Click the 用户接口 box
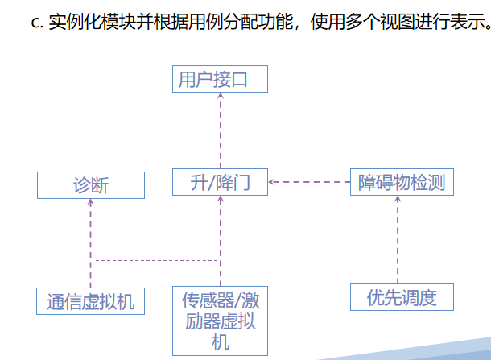coord(220,81)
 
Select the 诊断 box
coord(91,185)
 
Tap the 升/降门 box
coord(220,182)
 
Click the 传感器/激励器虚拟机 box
coord(220,321)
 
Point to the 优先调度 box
coord(402,297)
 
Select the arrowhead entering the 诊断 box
coord(91,203)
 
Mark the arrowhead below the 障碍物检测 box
coord(398,199)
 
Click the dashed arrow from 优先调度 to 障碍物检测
coord(398,242)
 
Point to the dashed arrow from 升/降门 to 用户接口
coord(220,133)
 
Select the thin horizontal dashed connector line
coord(153,260)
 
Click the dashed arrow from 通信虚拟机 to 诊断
coord(91,246)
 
